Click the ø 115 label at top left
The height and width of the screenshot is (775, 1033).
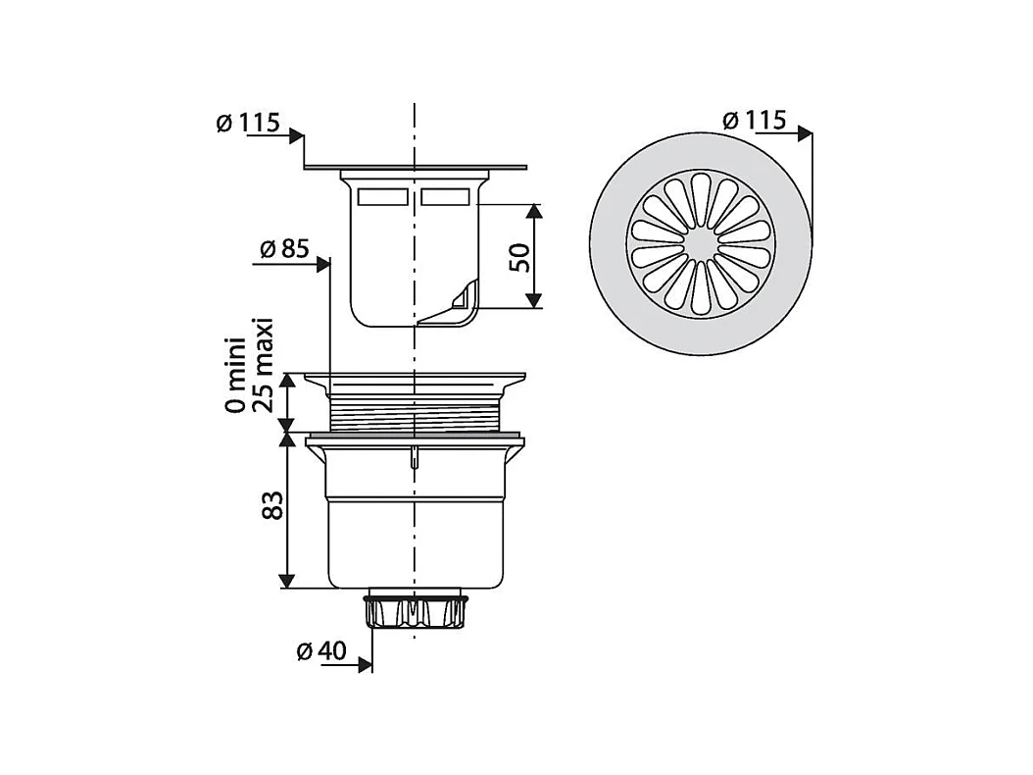248,123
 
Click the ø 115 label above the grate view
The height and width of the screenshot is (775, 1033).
755,120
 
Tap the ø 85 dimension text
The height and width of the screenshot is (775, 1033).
284,248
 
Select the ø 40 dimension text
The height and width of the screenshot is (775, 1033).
320,651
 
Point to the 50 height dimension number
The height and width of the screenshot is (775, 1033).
519,257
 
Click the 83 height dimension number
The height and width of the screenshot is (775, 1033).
271,504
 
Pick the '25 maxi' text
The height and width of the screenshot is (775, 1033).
263,365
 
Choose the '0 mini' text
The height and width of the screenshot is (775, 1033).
235,375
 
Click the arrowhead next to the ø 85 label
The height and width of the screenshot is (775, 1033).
322,265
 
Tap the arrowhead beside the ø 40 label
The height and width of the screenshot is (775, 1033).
366,664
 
